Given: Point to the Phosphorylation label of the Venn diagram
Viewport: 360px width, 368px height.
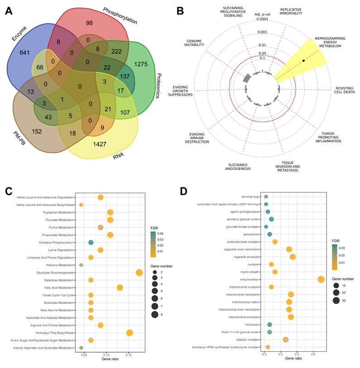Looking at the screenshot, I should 120,15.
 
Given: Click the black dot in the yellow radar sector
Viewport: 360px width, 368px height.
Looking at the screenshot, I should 304,60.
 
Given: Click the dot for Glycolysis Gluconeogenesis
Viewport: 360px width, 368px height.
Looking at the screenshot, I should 139,272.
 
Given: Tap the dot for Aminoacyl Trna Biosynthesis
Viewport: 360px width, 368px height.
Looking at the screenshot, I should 130,333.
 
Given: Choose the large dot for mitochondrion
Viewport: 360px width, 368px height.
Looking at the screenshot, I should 321,279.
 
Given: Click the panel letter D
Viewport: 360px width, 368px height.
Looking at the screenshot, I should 183,191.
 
